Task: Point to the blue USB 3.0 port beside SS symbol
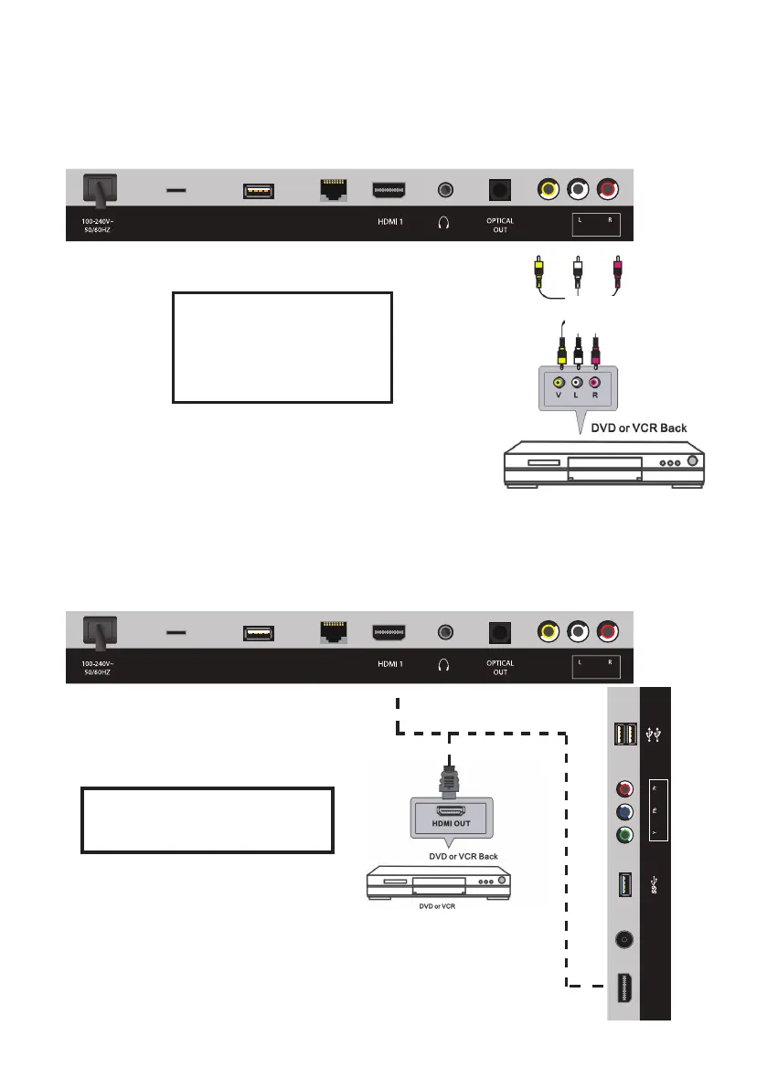tap(626, 884)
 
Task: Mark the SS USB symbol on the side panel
tap(656, 885)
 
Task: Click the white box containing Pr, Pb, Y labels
tap(656, 809)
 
